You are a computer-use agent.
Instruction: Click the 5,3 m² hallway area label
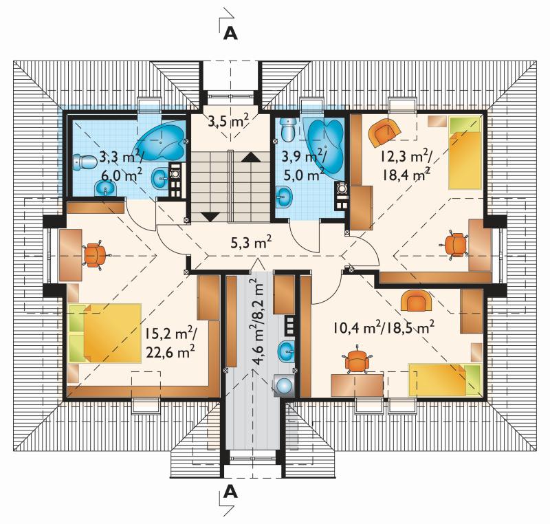[x=251, y=242]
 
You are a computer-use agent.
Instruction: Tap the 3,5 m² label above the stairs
[x=228, y=121]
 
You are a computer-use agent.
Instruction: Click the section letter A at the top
[x=230, y=33]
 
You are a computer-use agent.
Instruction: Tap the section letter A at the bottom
[x=230, y=492]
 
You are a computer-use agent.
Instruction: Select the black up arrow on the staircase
[x=251, y=157]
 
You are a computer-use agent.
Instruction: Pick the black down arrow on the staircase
[x=210, y=217]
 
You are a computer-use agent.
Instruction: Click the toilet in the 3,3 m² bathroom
[x=85, y=162]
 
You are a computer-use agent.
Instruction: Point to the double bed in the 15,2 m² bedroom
[x=105, y=333]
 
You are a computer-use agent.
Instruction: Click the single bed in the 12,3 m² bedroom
[x=465, y=153]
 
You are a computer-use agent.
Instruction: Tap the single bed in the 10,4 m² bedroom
[x=445, y=380]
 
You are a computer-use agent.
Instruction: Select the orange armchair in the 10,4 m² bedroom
[x=416, y=301]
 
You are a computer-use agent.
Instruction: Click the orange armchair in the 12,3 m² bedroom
[x=384, y=132]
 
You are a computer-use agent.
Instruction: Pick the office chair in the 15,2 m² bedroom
[x=95, y=255]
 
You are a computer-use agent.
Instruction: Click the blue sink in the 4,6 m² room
[x=287, y=351]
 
